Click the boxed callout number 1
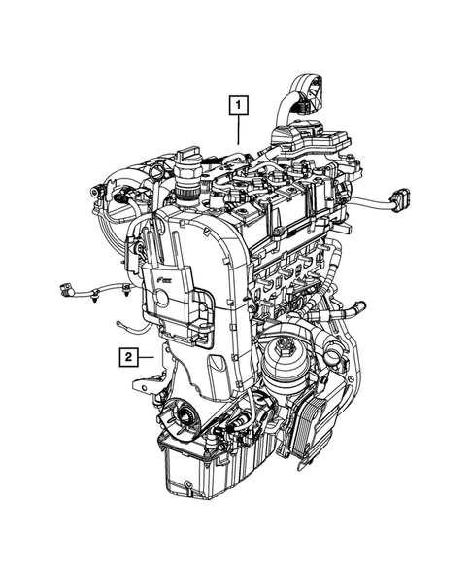[239, 101]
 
